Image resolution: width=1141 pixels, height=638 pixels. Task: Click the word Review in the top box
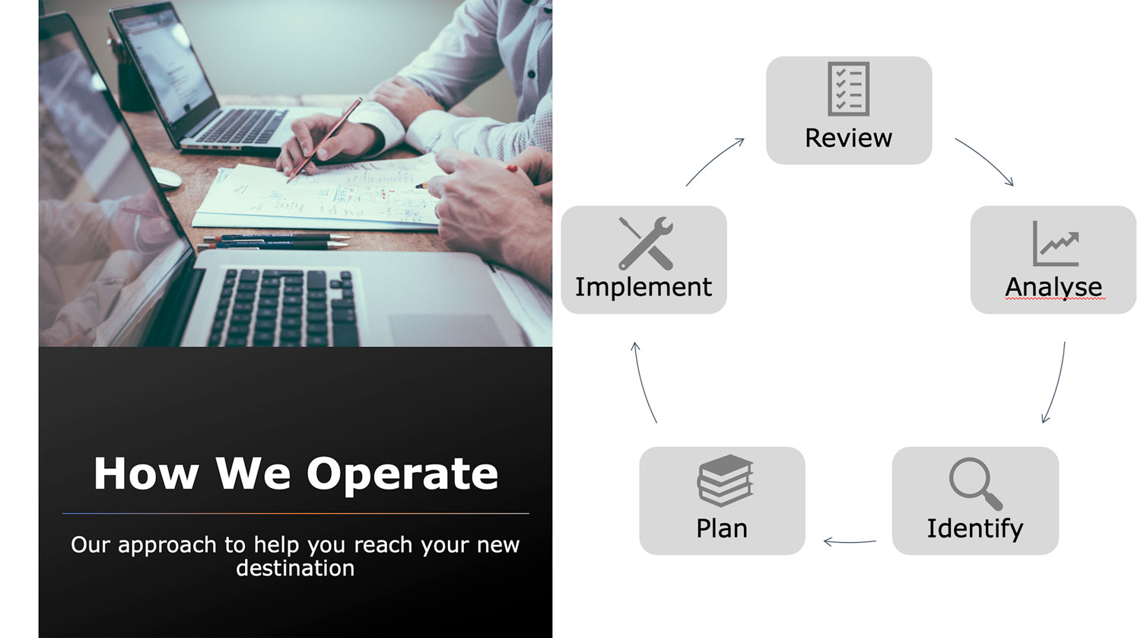click(x=849, y=138)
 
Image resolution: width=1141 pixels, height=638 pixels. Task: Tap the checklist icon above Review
click(x=849, y=89)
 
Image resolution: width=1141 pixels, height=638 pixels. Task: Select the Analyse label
click(x=1054, y=287)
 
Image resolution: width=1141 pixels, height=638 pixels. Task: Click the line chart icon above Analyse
click(x=1056, y=244)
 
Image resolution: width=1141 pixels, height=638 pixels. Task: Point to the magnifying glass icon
click(x=975, y=483)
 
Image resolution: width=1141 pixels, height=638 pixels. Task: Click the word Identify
click(x=975, y=529)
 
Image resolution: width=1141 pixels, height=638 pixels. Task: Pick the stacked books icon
click(x=725, y=480)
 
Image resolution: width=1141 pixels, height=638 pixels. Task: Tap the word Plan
click(x=722, y=528)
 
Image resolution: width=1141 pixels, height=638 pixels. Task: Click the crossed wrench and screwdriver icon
click(x=646, y=244)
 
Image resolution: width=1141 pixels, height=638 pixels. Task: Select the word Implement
click(x=644, y=287)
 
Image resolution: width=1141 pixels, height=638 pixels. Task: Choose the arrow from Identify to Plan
click(x=850, y=542)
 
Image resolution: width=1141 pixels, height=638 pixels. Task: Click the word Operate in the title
click(x=402, y=474)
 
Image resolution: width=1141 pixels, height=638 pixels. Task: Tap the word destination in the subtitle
click(x=295, y=568)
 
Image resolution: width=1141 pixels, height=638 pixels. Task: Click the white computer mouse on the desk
click(x=166, y=177)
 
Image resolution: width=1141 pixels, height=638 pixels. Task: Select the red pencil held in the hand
click(x=325, y=140)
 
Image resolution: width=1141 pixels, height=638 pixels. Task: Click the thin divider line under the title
click(x=295, y=514)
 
